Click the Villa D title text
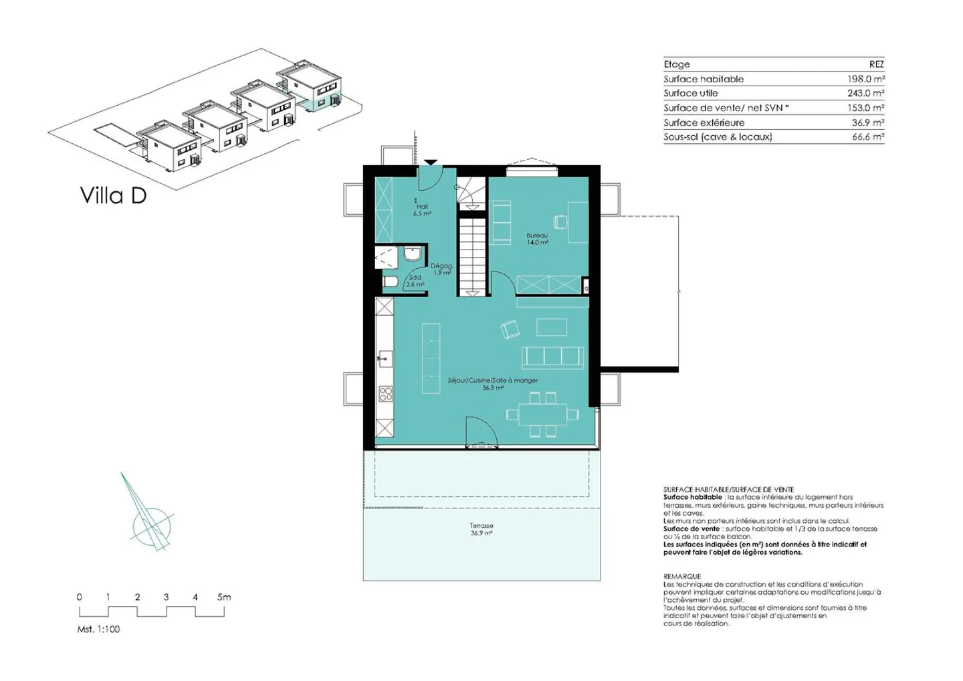114,195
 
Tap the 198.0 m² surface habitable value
866,79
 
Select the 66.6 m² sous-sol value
868,136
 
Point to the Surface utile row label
690,93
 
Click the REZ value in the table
877,64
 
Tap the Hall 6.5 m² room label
422,210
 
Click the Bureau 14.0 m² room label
538,239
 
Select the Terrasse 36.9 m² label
481,528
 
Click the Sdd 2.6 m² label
415,281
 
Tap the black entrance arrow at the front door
431,163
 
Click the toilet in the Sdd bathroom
391,282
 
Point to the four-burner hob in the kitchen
385,394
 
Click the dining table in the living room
542,415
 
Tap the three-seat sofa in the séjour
553,358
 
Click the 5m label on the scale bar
224,597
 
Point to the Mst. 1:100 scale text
98,629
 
